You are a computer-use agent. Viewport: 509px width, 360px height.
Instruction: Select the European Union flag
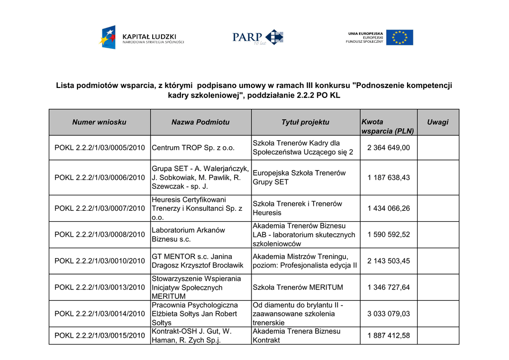tap(399, 37)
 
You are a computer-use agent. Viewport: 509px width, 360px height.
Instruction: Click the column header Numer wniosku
tap(99, 122)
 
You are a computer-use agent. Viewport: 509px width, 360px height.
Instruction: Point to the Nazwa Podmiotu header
tap(200, 122)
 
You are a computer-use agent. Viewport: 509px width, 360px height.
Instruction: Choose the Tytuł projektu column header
tap(305, 122)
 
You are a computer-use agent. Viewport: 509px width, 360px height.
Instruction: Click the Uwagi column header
tap(437, 122)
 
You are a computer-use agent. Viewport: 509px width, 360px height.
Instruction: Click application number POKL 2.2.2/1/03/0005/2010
tap(99, 148)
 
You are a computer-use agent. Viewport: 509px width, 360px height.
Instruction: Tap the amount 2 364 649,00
tap(389, 148)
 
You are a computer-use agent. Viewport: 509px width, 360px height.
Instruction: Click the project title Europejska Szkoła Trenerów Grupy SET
tap(299, 178)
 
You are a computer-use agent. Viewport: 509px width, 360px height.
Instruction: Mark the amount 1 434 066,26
tap(389, 208)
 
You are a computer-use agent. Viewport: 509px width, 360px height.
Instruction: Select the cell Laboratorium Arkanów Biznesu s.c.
tap(188, 235)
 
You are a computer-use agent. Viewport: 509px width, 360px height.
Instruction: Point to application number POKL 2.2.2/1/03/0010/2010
tap(99, 261)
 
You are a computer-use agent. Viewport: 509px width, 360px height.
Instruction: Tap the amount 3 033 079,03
tap(389, 314)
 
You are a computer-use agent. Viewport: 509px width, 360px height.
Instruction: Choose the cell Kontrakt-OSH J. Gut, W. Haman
tap(191, 336)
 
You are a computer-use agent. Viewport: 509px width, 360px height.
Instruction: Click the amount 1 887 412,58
tap(389, 336)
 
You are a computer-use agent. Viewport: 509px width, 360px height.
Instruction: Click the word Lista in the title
tap(65, 86)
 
